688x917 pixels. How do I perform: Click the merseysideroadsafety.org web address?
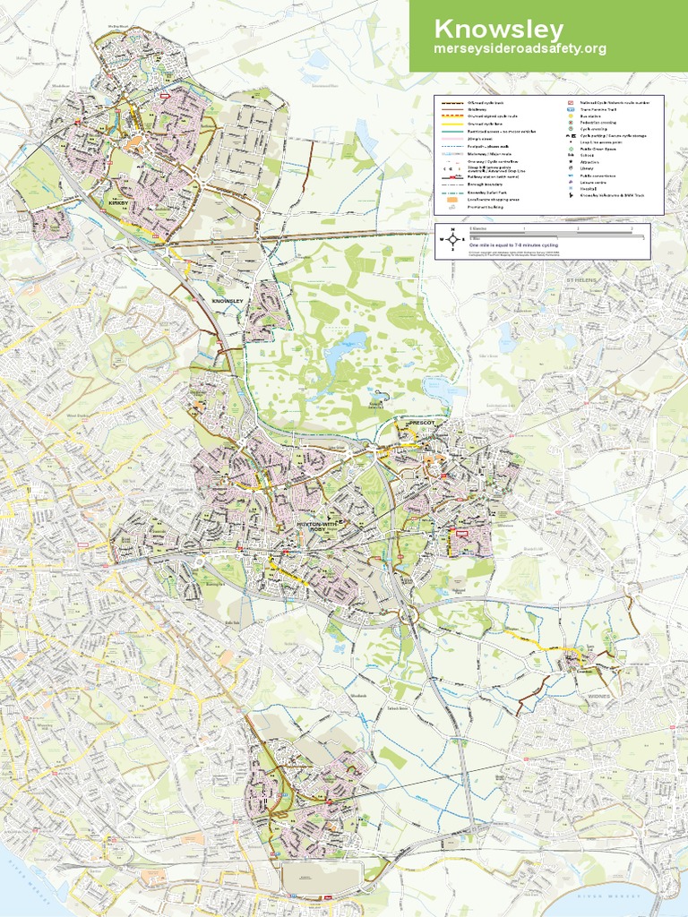tap(520, 48)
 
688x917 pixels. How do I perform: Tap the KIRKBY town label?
tap(118, 204)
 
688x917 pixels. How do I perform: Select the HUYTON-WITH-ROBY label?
tap(314, 525)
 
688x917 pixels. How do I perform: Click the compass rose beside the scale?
tap(453, 238)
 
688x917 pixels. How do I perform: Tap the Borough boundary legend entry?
tap(485, 184)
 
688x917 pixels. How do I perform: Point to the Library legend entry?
tap(588, 167)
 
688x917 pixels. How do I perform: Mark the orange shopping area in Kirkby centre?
tap(134, 141)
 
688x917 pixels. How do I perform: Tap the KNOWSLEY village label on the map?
tap(227, 301)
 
